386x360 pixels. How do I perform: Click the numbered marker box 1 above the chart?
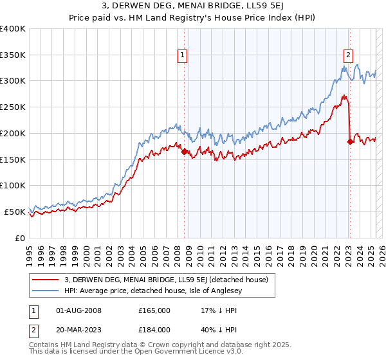(x=183, y=56)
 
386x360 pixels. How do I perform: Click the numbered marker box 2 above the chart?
(x=348, y=55)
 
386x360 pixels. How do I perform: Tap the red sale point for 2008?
(x=184, y=152)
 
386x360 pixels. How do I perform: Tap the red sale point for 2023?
(x=350, y=142)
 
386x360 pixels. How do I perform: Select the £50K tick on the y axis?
(x=15, y=212)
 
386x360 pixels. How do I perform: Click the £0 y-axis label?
(x=20, y=238)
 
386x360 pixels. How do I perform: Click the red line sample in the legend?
(x=46, y=279)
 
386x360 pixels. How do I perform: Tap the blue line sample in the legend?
(x=46, y=290)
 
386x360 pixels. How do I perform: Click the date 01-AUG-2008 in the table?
(x=79, y=310)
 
